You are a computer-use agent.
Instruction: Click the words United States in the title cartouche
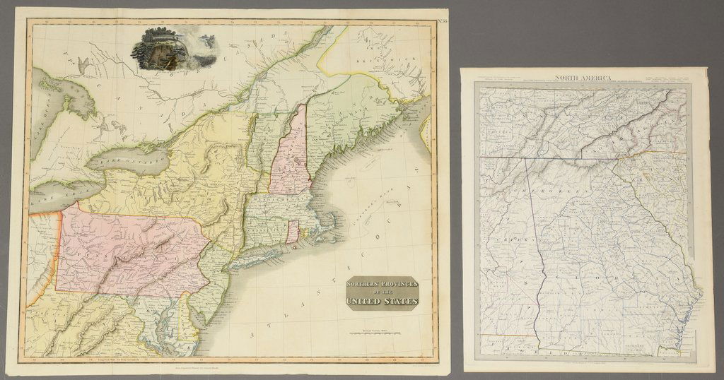[383, 302]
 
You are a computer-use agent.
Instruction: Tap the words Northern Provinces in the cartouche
[382, 285]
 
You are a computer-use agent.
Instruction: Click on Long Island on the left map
[262, 257]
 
